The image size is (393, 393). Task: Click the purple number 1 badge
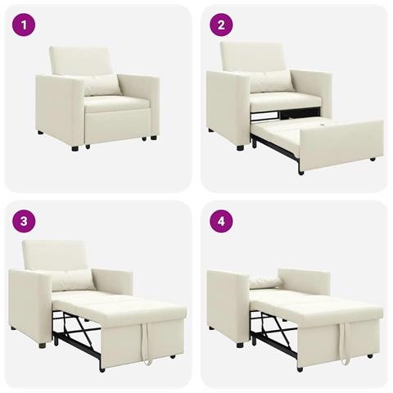coord(25,25)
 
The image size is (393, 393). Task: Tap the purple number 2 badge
coord(220,25)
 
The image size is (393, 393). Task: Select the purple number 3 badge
coord(25,220)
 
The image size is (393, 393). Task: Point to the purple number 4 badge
coord(220,220)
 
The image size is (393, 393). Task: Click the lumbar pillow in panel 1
coord(101,84)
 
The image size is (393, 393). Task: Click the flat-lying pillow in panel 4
coord(267,281)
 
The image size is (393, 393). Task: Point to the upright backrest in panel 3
coord(56,253)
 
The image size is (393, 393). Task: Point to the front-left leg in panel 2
coord(241,147)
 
